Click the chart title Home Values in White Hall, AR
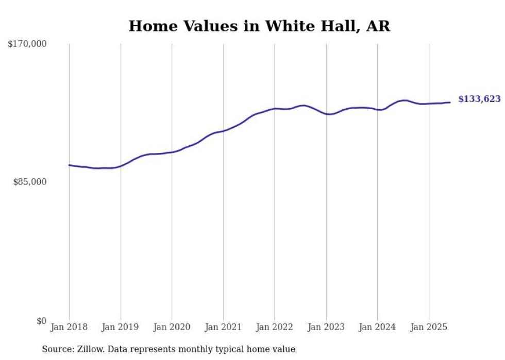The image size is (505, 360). click(259, 26)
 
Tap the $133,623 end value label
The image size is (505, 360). click(479, 99)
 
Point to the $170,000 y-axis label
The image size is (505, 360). click(27, 44)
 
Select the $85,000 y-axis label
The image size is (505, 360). click(29, 182)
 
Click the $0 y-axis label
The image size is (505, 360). click(41, 321)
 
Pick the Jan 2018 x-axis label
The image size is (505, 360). click(69, 327)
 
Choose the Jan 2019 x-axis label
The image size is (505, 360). click(121, 327)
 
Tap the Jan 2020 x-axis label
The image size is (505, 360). click(172, 327)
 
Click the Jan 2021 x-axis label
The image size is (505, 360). click(223, 327)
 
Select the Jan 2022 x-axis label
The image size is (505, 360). click(275, 327)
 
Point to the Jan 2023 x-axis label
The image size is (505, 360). click(326, 327)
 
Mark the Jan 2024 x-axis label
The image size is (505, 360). click(377, 327)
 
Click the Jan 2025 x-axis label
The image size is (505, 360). click(429, 327)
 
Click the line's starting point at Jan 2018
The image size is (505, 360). click(69, 165)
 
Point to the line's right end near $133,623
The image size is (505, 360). click(450, 102)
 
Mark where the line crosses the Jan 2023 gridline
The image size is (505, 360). click(326, 114)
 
